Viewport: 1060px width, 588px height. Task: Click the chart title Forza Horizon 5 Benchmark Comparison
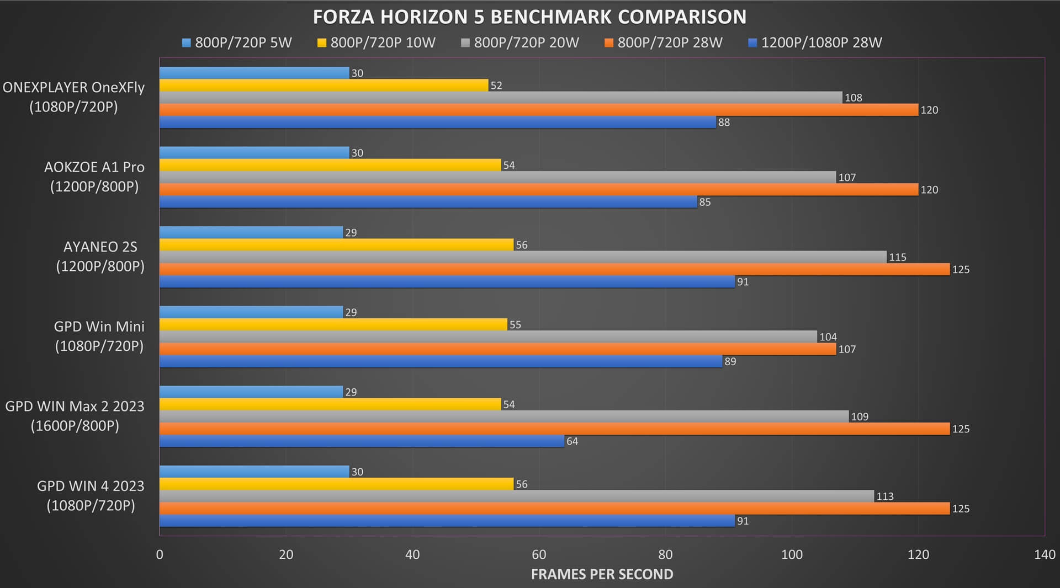pyautogui.click(x=529, y=17)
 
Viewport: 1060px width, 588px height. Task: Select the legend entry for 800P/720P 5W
pyautogui.click(x=237, y=42)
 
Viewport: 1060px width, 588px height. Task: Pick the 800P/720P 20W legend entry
pyautogui.click(x=520, y=42)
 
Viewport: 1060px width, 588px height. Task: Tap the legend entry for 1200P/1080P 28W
pyautogui.click(x=815, y=42)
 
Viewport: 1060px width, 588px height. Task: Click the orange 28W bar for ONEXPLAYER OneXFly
pyautogui.click(x=539, y=110)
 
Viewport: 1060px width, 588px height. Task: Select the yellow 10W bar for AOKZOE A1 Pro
pyautogui.click(x=330, y=165)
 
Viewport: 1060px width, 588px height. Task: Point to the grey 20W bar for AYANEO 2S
pyautogui.click(x=523, y=257)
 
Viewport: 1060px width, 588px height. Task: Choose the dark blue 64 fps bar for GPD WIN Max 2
pyautogui.click(x=362, y=441)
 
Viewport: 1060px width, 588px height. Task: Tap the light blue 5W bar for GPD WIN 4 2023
pyautogui.click(x=255, y=472)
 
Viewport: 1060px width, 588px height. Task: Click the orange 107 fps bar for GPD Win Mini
pyautogui.click(x=498, y=349)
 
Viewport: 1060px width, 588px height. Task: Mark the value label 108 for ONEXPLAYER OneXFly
pyautogui.click(x=854, y=98)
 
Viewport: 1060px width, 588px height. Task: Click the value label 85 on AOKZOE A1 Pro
pyautogui.click(x=705, y=202)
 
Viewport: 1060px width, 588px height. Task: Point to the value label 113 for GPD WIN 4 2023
pyautogui.click(x=885, y=496)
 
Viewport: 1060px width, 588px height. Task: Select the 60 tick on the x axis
pyautogui.click(x=539, y=554)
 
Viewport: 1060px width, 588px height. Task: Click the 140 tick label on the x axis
pyautogui.click(x=1045, y=554)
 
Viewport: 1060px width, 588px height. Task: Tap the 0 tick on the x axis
pyautogui.click(x=160, y=554)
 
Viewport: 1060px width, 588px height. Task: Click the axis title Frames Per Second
pyautogui.click(x=602, y=574)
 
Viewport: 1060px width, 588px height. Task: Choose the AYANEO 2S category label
pyautogui.click(x=100, y=256)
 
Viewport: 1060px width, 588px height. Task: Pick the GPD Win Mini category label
pyautogui.click(x=99, y=336)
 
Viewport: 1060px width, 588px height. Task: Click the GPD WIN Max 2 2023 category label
pyautogui.click(x=75, y=416)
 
